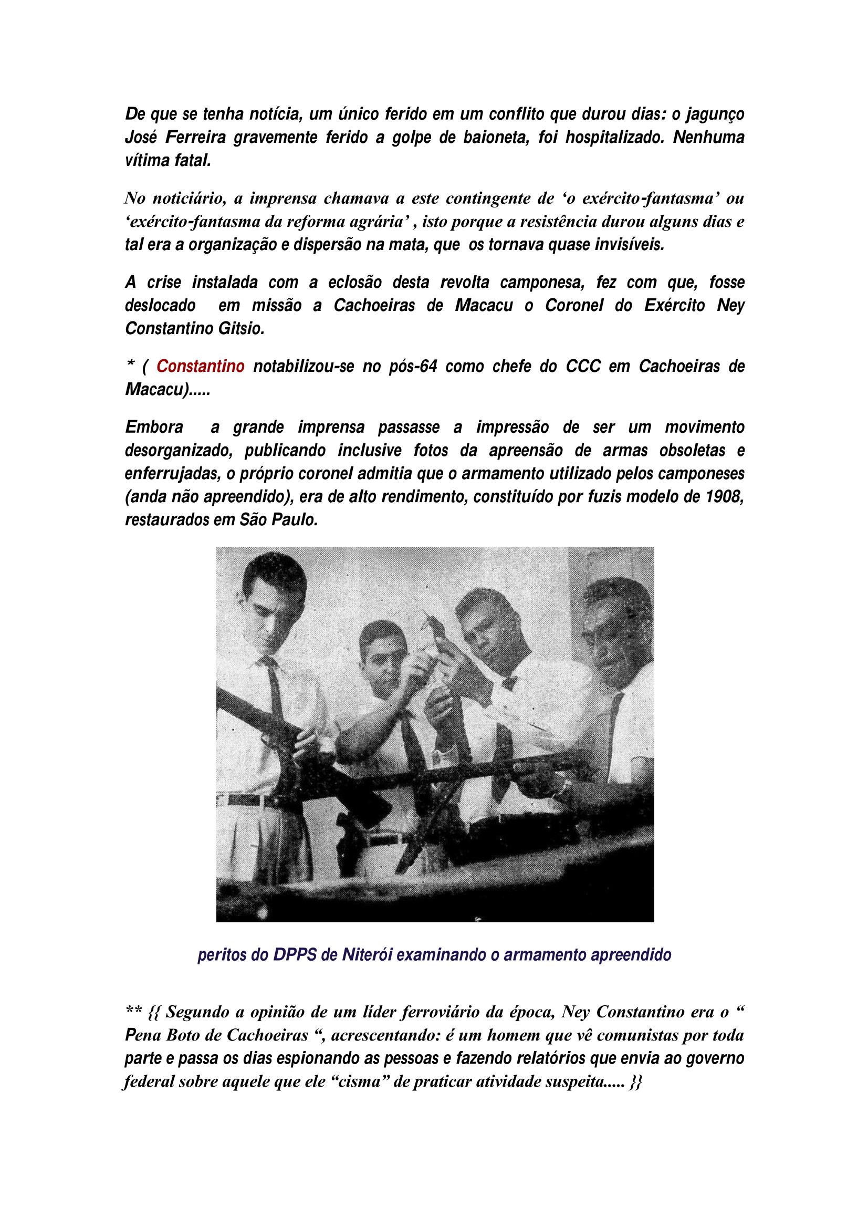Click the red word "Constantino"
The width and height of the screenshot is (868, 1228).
[201, 367]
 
